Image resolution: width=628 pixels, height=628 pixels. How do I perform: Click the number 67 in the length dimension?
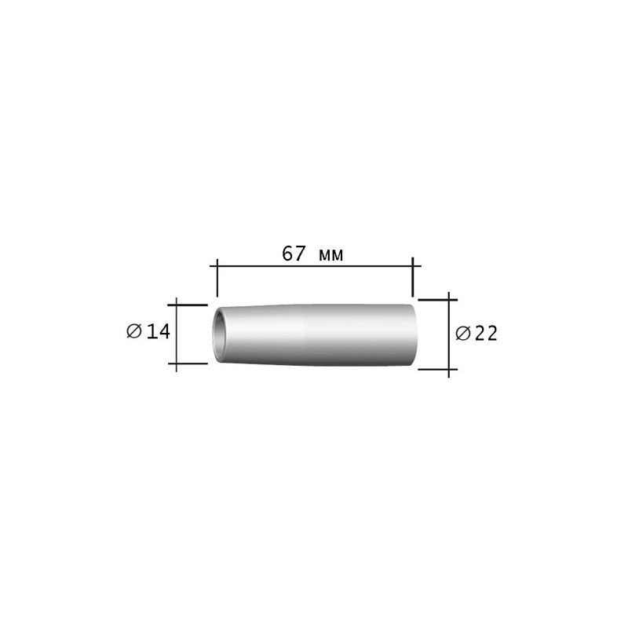click(294, 254)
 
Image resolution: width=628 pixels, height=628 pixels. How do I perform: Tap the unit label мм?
click(331, 255)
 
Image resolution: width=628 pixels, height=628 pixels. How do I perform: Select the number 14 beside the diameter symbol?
click(159, 331)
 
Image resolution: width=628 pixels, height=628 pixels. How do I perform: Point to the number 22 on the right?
click(486, 333)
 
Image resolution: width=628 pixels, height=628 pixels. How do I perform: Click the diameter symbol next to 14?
click(134, 331)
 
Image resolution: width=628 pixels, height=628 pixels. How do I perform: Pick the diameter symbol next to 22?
click(463, 333)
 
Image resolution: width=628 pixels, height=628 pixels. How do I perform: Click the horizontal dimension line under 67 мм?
click(316, 265)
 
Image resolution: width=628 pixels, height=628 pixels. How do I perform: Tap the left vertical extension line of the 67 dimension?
click(217, 278)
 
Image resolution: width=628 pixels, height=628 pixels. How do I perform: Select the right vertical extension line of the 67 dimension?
click(413, 277)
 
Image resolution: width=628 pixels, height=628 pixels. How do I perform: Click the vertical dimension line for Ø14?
click(176, 334)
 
